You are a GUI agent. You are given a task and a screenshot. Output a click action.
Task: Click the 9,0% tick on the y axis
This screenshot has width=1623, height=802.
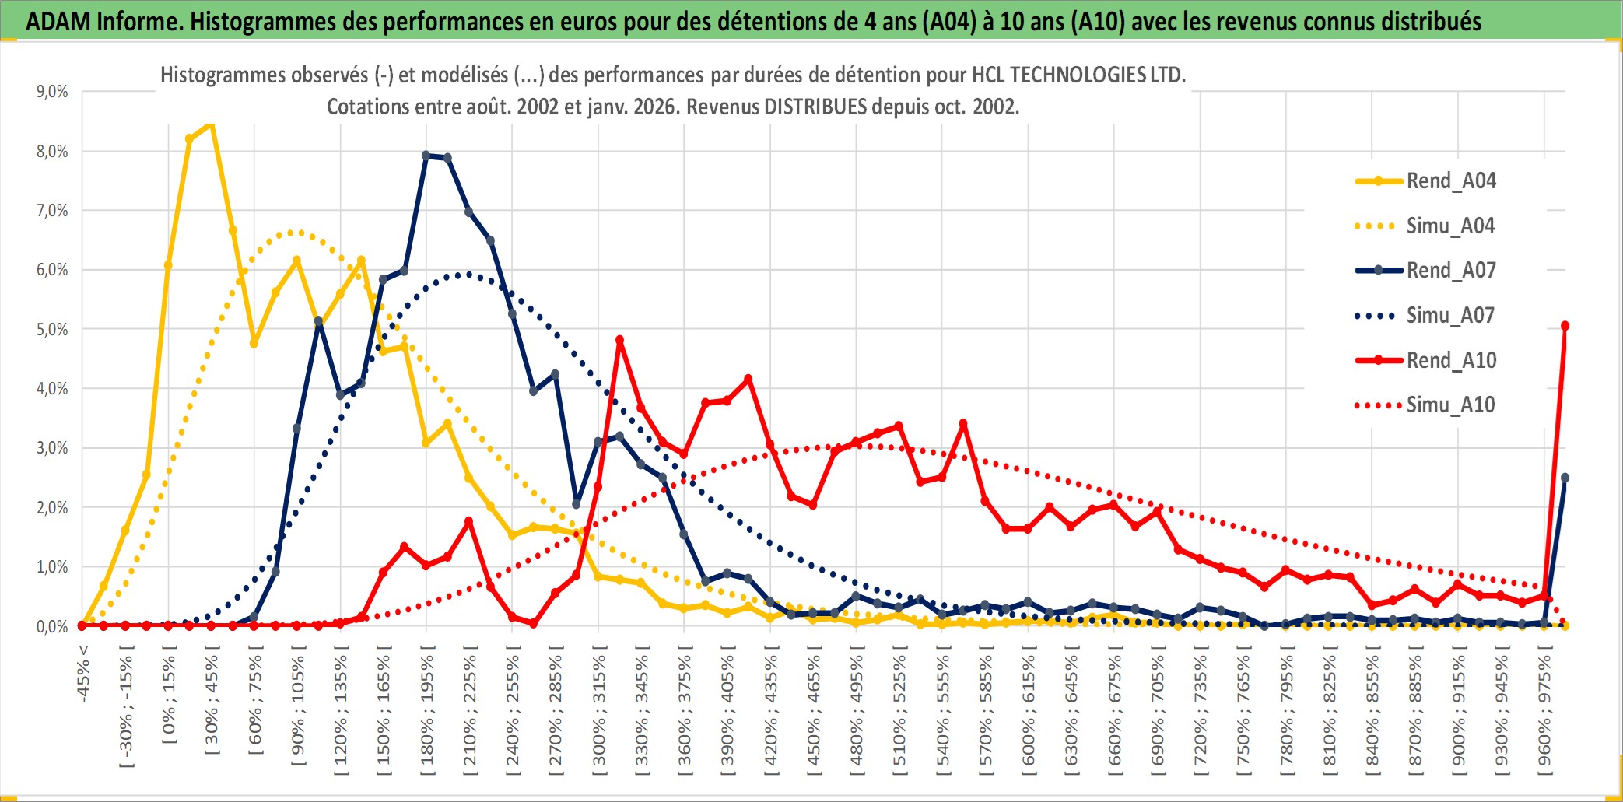coord(52,92)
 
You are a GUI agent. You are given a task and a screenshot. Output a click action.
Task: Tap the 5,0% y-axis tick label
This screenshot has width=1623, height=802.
coord(52,330)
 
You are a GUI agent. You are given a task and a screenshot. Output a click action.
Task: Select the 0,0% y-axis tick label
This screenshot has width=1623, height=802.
coord(52,627)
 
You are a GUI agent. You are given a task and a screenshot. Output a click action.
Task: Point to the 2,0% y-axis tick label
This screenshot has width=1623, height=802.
coord(52,508)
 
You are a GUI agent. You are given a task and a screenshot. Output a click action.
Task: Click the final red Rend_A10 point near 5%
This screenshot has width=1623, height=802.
coord(1565,326)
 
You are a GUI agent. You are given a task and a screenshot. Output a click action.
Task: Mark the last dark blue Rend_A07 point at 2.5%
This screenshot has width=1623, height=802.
coord(1565,478)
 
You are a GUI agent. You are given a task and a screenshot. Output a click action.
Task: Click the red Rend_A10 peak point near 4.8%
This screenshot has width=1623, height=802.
coord(619,340)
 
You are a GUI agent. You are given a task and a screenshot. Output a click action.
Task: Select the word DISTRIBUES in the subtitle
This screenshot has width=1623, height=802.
coord(815,107)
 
